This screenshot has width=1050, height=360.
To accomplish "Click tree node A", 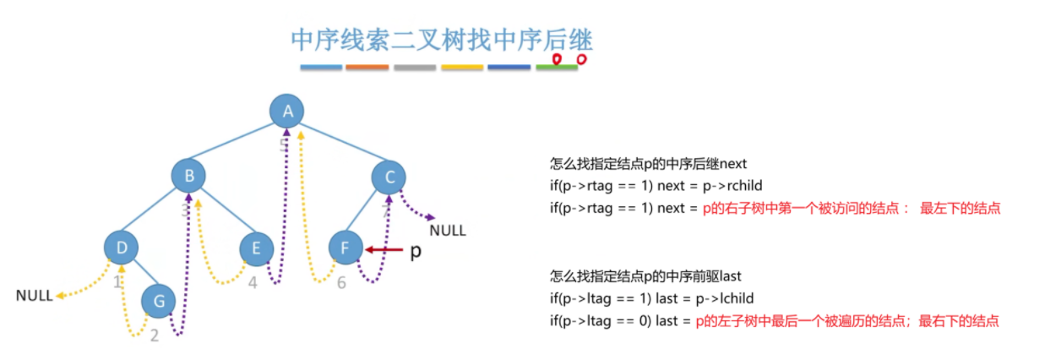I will (x=287, y=111).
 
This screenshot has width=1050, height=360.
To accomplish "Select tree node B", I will (x=189, y=176).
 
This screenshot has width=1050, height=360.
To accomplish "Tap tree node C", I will (x=389, y=177).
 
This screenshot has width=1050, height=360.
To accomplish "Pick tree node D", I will (x=122, y=248).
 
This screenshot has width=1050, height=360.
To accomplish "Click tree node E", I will (x=256, y=248).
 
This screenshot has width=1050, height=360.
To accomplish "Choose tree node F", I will (x=345, y=248).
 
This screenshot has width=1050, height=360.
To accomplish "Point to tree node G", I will (x=158, y=301).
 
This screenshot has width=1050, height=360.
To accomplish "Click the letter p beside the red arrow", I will (x=415, y=252).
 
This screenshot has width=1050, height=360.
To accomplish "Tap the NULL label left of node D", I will (x=34, y=296).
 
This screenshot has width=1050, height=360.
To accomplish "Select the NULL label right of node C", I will (x=447, y=230).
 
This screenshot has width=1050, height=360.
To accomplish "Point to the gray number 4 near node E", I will (x=252, y=283).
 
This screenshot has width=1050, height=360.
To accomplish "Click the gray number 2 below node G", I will (x=154, y=335).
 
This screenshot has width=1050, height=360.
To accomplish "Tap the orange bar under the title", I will (x=367, y=67).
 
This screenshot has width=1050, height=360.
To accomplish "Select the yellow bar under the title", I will (x=462, y=67).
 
